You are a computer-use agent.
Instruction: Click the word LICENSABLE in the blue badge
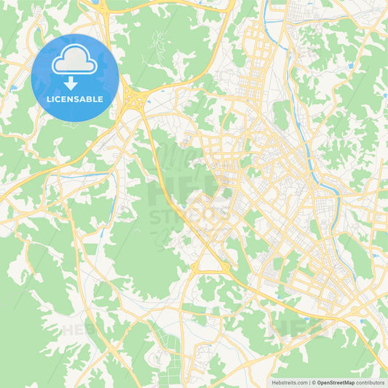click(75, 98)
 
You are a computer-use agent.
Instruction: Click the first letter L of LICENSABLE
click(49, 98)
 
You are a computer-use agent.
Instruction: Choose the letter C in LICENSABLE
click(58, 98)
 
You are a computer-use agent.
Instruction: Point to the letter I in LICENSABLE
click(53, 98)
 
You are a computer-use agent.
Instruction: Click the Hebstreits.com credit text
click(289, 382)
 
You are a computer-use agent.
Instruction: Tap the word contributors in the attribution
click(371, 382)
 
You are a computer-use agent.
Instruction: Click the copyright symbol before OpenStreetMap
click(314, 382)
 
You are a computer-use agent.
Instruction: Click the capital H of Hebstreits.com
click(272, 382)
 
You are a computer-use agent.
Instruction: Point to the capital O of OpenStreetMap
click(320, 382)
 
